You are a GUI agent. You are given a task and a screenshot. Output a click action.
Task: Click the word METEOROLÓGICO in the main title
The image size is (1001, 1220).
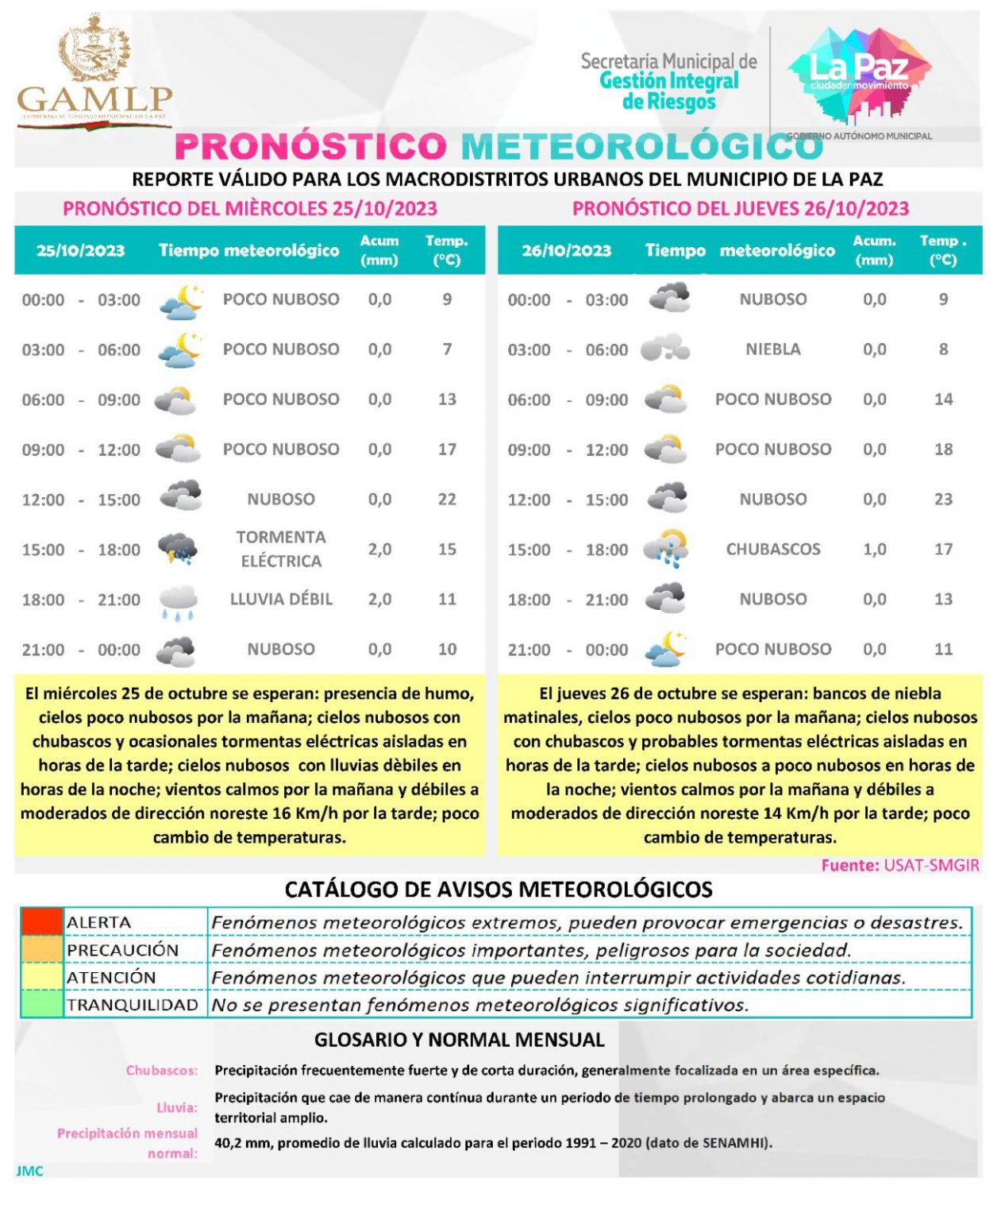(x=641, y=147)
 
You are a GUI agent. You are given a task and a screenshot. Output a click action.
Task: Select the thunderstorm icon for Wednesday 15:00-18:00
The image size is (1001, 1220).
(x=178, y=549)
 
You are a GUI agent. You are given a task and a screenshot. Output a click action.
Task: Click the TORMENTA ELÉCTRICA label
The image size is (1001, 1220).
(x=281, y=549)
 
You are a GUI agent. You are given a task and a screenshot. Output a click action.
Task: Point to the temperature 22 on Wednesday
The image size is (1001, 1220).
(x=447, y=499)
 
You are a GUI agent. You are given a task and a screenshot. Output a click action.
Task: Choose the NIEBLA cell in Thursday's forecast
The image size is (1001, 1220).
(x=772, y=349)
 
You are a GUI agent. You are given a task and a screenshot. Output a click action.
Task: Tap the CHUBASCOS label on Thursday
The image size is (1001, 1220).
(x=772, y=549)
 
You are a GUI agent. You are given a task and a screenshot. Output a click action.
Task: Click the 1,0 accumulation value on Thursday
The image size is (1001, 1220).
(x=874, y=549)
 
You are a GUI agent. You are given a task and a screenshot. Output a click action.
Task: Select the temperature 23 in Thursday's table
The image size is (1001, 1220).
(x=942, y=499)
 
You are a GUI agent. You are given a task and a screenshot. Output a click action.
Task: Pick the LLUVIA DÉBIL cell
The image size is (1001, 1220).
(x=281, y=599)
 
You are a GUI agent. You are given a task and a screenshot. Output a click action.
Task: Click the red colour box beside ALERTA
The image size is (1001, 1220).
(x=41, y=921)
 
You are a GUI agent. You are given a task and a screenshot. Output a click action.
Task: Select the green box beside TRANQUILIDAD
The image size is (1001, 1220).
(x=41, y=1005)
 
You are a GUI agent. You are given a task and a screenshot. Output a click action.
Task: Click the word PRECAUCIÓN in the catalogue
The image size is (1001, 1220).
(x=122, y=950)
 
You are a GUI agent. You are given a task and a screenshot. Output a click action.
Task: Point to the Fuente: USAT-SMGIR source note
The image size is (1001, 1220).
(x=899, y=865)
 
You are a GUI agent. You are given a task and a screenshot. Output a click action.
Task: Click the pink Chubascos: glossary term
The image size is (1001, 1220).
(x=161, y=1070)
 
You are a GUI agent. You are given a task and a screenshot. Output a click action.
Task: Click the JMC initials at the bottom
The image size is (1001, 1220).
(x=29, y=1171)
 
